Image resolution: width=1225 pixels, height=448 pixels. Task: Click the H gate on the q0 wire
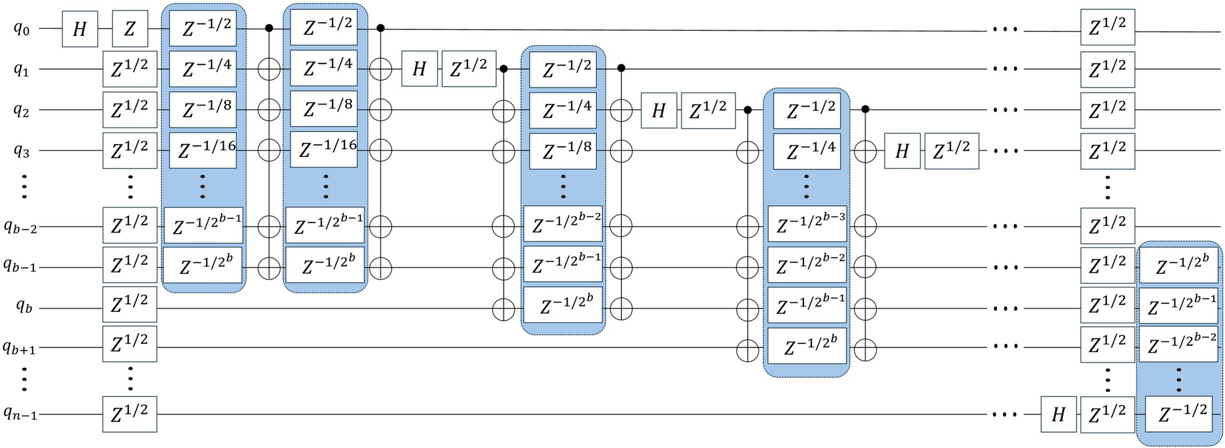[79, 29]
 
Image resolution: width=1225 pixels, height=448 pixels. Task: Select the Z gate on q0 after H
[129, 29]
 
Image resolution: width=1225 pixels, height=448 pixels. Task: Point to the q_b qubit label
[23, 308]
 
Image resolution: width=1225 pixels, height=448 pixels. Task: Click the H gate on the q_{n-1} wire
[1058, 415]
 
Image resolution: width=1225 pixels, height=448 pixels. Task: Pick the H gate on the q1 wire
[419, 69]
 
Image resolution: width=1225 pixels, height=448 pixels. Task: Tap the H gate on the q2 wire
[658, 110]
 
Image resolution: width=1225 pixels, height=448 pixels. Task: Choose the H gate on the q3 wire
[901, 151]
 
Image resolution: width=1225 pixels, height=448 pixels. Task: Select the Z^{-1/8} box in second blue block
[324, 109]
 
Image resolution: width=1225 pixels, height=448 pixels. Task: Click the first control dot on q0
[269, 29]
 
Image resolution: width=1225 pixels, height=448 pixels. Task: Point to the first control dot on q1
[504, 69]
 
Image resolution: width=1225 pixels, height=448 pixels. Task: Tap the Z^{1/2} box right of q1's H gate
[468, 69]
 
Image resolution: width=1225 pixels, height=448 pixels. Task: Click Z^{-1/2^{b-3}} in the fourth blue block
[807, 225]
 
